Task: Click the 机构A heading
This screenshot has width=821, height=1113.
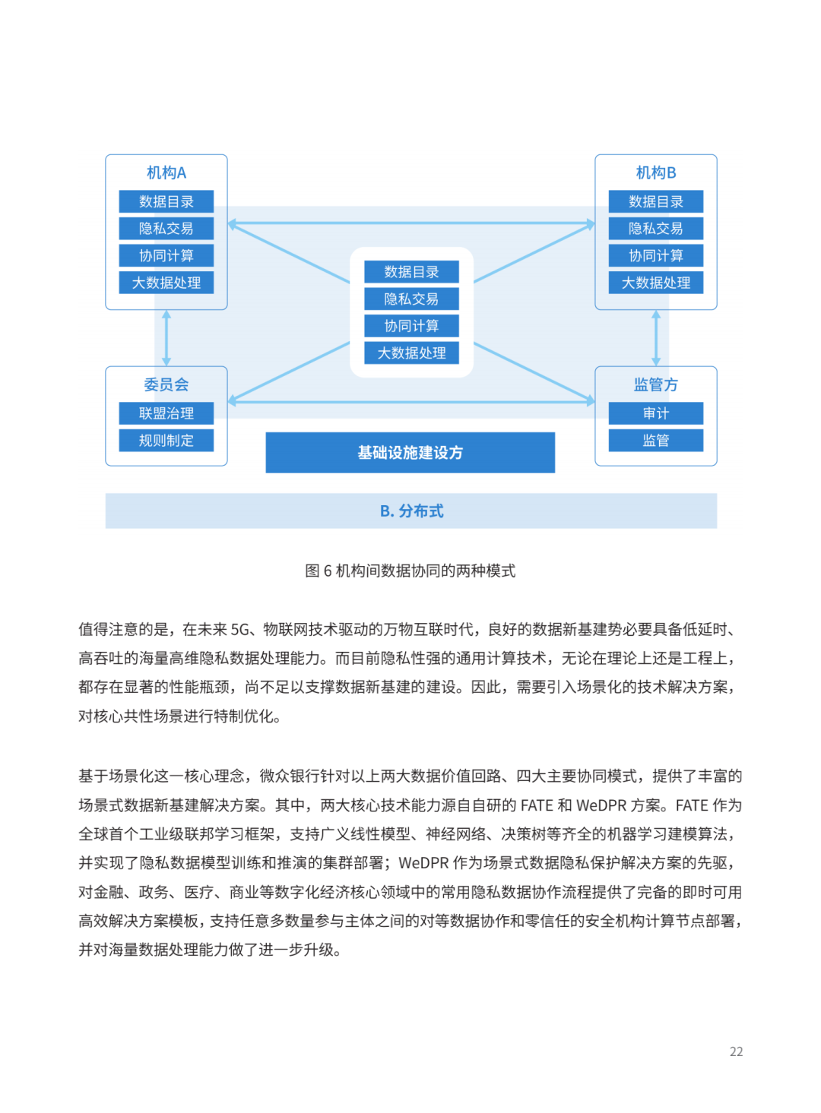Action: tap(166, 172)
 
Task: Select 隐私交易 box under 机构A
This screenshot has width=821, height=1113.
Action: tap(166, 229)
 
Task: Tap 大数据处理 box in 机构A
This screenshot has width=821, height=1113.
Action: tap(166, 283)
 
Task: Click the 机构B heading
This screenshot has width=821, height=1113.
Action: tap(655, 172)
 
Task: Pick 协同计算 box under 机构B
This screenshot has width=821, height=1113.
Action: tap(655, 255)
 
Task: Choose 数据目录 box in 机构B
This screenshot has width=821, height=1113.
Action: tap(655, 201)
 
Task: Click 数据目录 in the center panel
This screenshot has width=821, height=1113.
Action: tap(411, 272)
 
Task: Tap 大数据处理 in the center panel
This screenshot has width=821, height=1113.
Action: tap(411, 353)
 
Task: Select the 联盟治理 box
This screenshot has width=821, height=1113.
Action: tap(166, 413)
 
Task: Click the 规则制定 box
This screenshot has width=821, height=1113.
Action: tap(166, 441)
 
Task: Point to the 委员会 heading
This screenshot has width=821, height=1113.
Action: tap(166, 384)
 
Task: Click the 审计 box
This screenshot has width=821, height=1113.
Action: tap(655, 413)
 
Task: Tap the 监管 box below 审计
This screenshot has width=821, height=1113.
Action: tap(655, 441)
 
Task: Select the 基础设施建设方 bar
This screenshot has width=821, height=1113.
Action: tap(410, 453)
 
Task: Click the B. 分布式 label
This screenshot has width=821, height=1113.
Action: tap(411, 511)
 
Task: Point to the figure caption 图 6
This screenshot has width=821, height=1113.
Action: tap(410, 571)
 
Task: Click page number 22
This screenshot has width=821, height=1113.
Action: tap(736, 1051)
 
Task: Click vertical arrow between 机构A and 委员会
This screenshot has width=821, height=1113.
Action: tap(166, 338)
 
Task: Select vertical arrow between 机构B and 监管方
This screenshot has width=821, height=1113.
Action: tap(656, 338)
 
